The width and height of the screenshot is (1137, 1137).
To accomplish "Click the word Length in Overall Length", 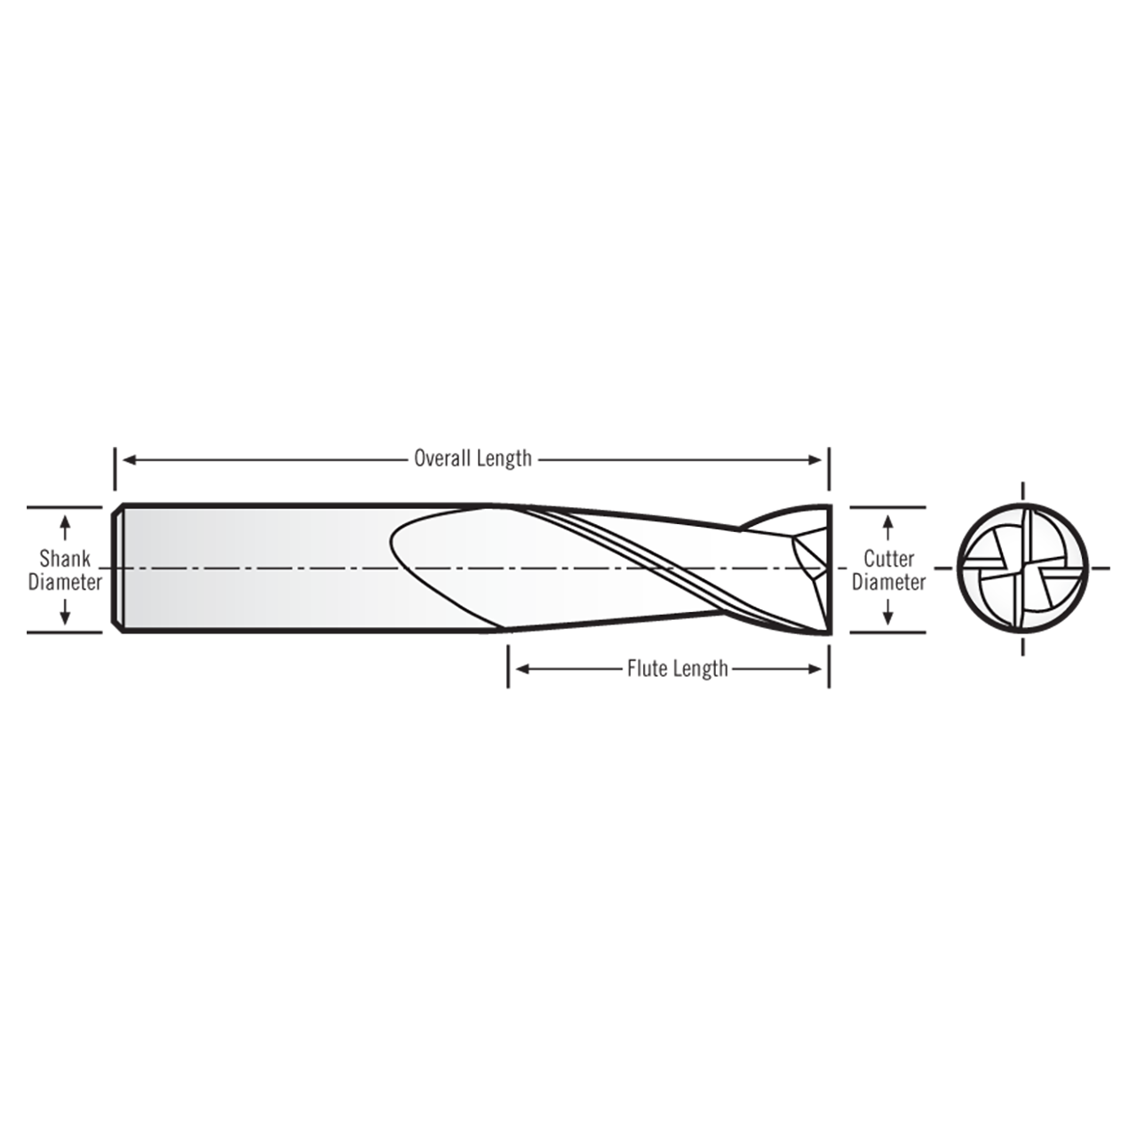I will click(x=504, y=458).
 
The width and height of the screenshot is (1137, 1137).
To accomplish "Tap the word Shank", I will click(x=65, y=560).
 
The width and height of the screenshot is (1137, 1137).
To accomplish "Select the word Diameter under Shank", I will click(x=65, y=583).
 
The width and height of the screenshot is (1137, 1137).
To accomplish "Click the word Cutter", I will click(x=888, y=560).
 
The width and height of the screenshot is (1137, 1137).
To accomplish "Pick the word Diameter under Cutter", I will click(x=888, y=583).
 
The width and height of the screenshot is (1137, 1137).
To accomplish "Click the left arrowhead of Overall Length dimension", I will click(x=128, y=459).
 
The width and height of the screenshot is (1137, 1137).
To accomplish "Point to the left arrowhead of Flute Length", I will click(x=521, y=669).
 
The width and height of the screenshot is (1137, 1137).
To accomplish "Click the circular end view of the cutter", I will click(x=1022, y=568).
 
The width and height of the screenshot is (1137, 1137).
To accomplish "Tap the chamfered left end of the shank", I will click(x=116, y=568).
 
